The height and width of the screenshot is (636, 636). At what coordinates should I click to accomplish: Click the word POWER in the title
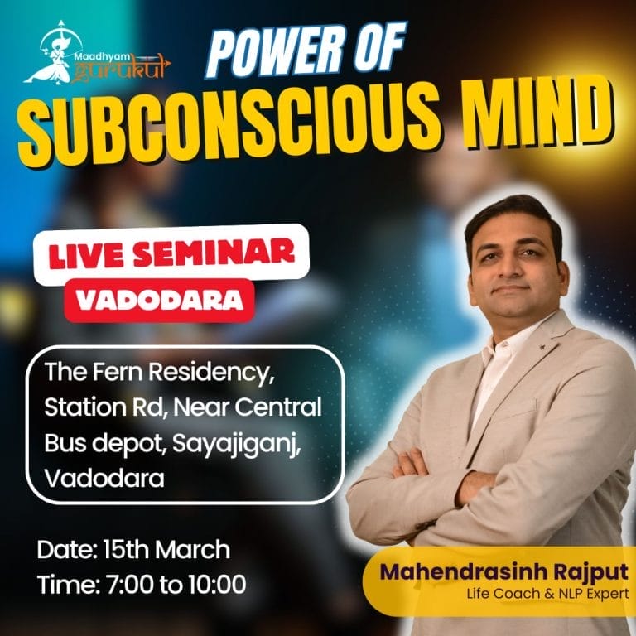[276, 51]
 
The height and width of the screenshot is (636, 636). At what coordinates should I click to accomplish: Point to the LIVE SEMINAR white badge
[171, 254]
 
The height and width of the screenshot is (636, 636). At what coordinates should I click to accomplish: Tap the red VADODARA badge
[159, 301]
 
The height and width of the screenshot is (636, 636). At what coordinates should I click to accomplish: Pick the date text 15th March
[166, 550]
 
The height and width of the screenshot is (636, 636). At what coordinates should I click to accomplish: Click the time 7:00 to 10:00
[176, 585]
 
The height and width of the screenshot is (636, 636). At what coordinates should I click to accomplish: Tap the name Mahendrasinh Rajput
[503, 573]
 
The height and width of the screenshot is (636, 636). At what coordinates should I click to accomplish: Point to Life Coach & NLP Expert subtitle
[547, 594]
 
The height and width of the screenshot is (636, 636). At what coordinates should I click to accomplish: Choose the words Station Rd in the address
[104, 407]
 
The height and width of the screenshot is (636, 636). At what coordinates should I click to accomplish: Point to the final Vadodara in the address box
[104, 479]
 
